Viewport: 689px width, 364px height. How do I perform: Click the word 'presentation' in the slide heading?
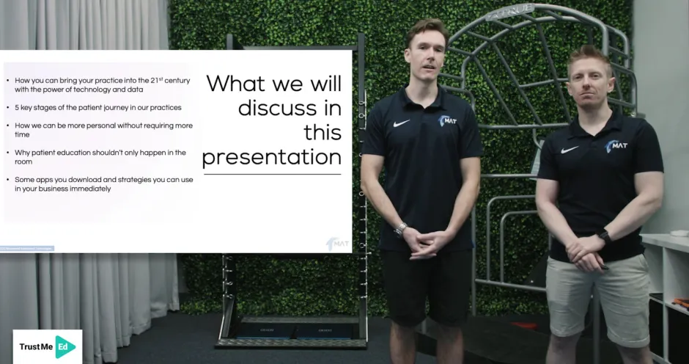(x=272, y=158)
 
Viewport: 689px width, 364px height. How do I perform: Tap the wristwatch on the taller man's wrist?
(x=400, y=229)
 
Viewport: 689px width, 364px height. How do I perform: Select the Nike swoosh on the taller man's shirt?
(x=401, y=123)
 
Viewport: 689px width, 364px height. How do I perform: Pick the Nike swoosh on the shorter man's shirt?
(x=570, y=150)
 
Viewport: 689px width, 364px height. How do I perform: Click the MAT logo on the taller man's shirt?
(x=447, y=120)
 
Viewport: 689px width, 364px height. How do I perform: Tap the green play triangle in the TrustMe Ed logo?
(x=65, y=346)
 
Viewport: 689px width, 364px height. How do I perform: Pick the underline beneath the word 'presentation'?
(x=272, y=174)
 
